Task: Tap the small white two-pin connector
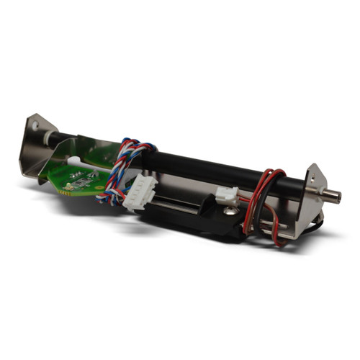click(x=226, y=194)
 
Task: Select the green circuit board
click(x=83, y=170)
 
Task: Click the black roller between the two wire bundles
click(x=202, y=166)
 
